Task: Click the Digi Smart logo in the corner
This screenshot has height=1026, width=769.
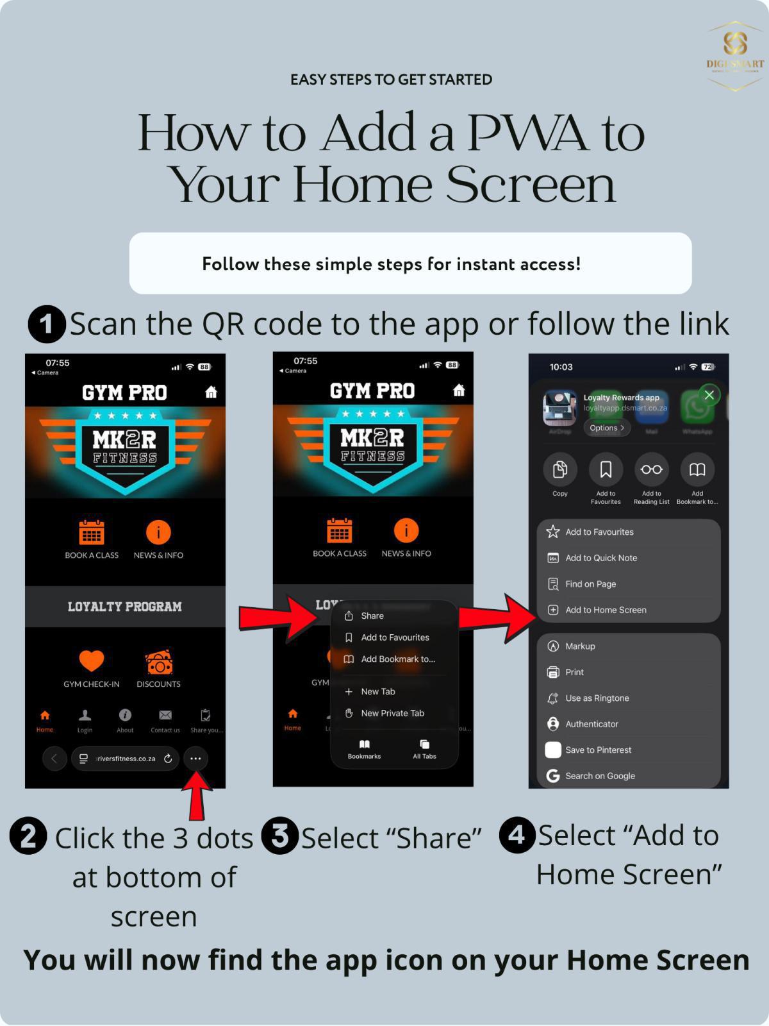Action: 734,55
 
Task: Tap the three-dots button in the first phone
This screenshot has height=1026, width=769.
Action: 195,759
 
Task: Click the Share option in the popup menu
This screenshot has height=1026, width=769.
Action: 372,616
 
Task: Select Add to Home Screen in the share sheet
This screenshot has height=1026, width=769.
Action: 605,610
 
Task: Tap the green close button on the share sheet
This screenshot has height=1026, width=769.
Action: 709,395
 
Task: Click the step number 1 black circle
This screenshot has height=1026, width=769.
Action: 46,324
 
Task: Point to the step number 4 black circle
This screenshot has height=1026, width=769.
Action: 517,835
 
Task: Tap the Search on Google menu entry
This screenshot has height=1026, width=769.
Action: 600,776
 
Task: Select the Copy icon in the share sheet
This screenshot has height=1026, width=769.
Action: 559,470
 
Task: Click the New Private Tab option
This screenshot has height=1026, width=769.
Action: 392,713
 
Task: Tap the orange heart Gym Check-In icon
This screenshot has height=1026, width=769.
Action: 91,661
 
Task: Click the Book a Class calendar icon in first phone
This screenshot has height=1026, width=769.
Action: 91,532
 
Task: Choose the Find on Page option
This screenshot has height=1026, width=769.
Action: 590,584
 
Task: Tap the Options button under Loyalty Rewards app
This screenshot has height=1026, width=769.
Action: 606,428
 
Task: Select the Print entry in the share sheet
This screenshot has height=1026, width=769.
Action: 574,672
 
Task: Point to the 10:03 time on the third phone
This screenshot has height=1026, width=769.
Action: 561,367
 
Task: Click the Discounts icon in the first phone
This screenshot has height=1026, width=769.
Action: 158,662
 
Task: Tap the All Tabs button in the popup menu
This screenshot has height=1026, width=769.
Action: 424,748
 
